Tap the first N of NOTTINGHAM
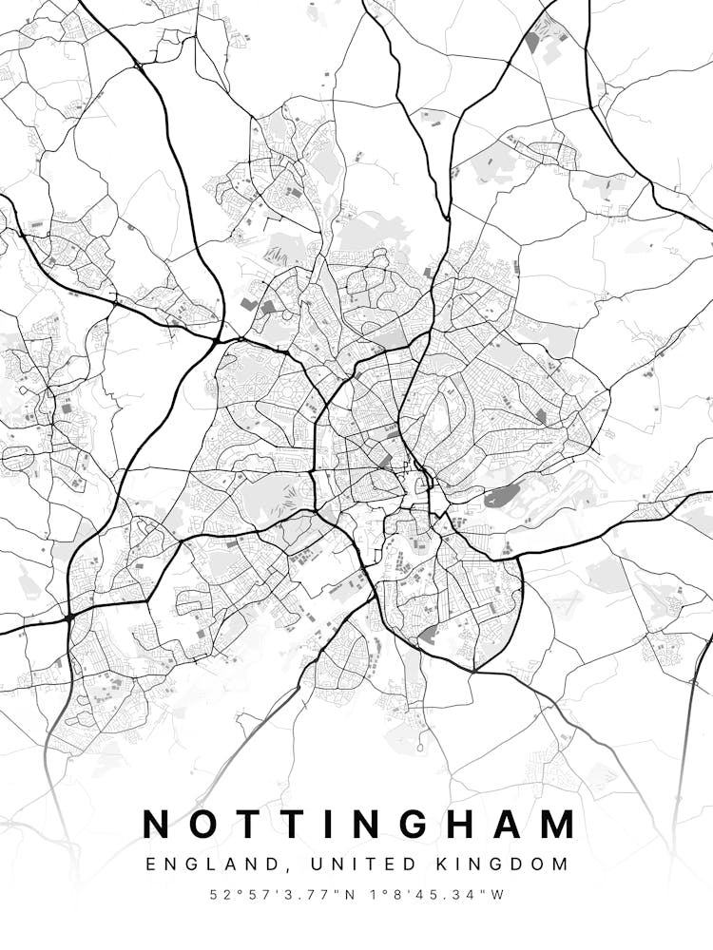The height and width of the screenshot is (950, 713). (159, 825)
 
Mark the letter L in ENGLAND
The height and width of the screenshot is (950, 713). (199, 864)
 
